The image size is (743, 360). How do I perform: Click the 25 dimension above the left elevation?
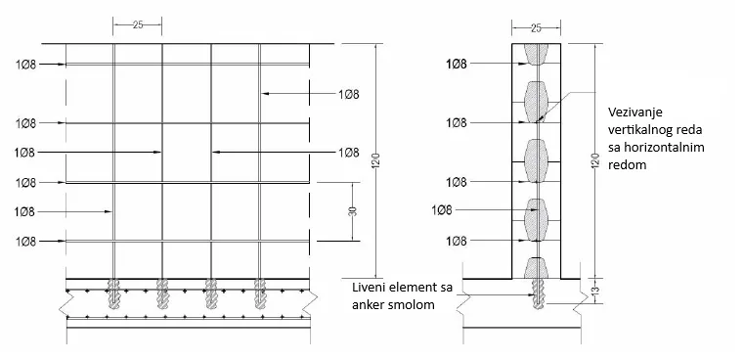click(x=138, y=24)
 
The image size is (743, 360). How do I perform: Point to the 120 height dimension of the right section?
click(x=595, y=161)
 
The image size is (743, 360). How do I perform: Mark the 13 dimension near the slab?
click(x=597, y=291)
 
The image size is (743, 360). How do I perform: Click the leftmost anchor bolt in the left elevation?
click(x=115, y=292)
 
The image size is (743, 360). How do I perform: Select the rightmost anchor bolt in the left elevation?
click(x=260, y=292)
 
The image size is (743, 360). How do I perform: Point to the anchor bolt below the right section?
click(x=536, y=292)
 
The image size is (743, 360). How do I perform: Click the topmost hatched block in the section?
click(x=536, y=54)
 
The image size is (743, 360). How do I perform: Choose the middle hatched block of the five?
click(x=536, y=161)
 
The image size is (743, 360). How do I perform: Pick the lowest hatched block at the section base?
click(x=536, y=267)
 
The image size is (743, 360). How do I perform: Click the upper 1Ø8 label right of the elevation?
click(x=348, y=94)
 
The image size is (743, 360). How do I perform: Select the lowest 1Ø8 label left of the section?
click(x=456, y=241)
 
